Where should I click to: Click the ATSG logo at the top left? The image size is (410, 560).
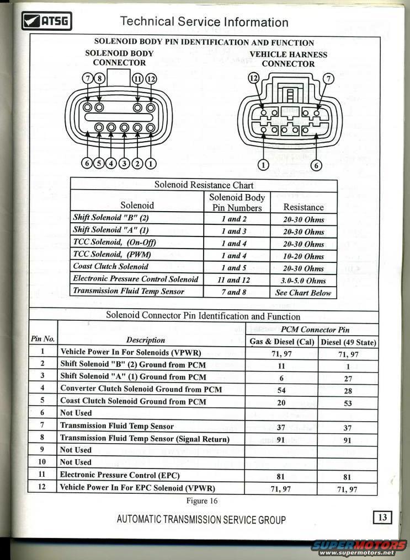46,21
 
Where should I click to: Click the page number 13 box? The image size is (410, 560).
382,517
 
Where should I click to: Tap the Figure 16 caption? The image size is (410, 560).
201,501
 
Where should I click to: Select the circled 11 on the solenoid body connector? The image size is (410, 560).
138,78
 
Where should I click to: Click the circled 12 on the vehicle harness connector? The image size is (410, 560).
253,78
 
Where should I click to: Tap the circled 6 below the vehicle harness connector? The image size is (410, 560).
316,165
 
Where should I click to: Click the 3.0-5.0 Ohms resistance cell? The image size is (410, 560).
303,281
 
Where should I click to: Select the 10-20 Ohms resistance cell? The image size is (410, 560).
303,256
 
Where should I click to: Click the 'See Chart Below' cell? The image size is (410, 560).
303,293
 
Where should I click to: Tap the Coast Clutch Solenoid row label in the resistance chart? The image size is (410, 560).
111,266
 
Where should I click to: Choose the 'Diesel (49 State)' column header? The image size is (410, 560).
349,342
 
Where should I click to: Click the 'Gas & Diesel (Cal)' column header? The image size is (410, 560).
282,342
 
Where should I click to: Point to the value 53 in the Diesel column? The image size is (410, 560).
348,403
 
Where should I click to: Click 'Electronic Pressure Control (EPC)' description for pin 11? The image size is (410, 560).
120,475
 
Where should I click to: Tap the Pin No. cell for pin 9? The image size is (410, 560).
42,450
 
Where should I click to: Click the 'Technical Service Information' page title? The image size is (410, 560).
204,22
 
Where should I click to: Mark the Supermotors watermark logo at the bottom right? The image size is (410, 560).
359,546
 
